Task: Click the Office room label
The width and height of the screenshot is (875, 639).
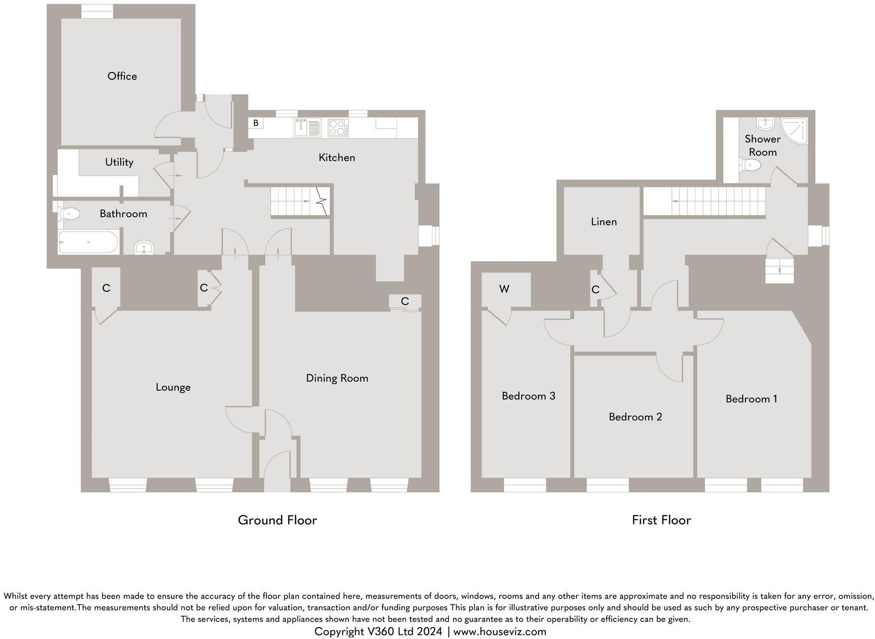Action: pyautogui.click(x=122, y=76)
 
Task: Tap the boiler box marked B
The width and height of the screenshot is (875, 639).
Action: pyautogui.click(x=256, y=123)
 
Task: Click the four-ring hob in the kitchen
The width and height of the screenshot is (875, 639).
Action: pyautogui.click(x=338, y=127)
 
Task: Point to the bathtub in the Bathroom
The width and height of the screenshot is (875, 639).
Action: pyautogui.click(x=88, y=242)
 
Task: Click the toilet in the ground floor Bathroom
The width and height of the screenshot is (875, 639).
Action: pyautogui.click(x=69, y=213)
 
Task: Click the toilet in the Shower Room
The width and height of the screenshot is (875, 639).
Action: pyautogui.click(x=750, y=165)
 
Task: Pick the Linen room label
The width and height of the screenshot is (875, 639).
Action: pyautogui.click(x=604, y=222)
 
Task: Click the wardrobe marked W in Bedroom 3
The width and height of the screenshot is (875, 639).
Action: pyautogui.click(x=504, y=289)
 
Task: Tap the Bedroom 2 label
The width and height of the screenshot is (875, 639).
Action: pyautogui.click(x=635, y=417)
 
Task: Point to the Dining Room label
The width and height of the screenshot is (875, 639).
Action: pyautogui.click(x=337, y=378)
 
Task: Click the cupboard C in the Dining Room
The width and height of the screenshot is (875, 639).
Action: pyautogui.click(x=405, y=302)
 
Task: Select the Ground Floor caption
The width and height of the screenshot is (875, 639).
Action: pyautogui.click(x=277, y=520)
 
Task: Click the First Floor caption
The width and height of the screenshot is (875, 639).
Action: pyautogui.click(x=661, y=520)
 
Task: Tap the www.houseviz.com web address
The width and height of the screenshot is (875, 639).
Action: pyautogui.click(x=500, y=632)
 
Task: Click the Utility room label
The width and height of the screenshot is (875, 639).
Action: pyautogui.click(x=119, y=162)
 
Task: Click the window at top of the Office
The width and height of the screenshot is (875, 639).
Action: pyautogui.click(x=97, y=11)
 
